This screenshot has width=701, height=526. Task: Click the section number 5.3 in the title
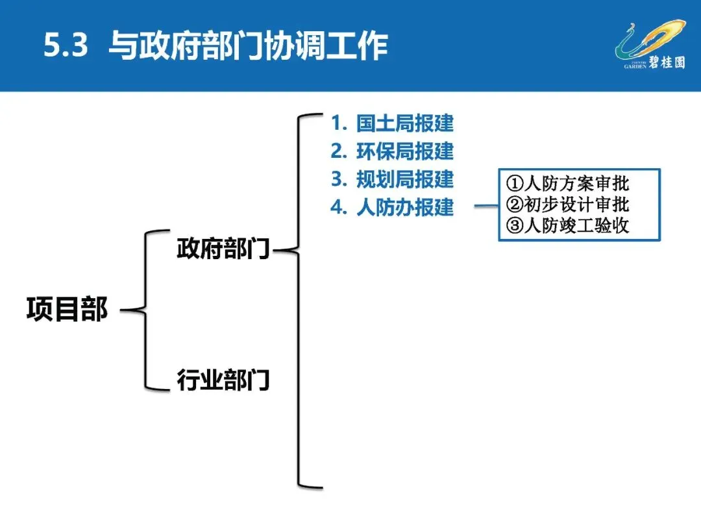tap(66, 47)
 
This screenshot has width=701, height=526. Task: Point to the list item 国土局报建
tap(404, 123)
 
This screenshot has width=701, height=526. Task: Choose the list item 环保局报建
tap(404, 151)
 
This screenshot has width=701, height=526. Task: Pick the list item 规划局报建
tap(404, 179)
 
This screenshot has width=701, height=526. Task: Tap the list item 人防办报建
tap(404, 207)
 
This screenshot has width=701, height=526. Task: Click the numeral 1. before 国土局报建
tap(339, 123)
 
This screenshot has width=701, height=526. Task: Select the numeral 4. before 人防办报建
tap(339, 207)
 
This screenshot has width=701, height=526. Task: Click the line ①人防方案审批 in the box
tap(568, 184)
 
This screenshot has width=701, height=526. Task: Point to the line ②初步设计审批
tap(568, 205)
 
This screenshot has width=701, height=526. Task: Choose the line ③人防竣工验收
tap(568, 225)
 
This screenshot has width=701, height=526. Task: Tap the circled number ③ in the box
tap(515, 225)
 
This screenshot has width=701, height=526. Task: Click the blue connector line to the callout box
tap(486, 207)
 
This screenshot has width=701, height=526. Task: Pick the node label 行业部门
tap(223, 380)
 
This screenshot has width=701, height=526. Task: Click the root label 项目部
tap(67, 310)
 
